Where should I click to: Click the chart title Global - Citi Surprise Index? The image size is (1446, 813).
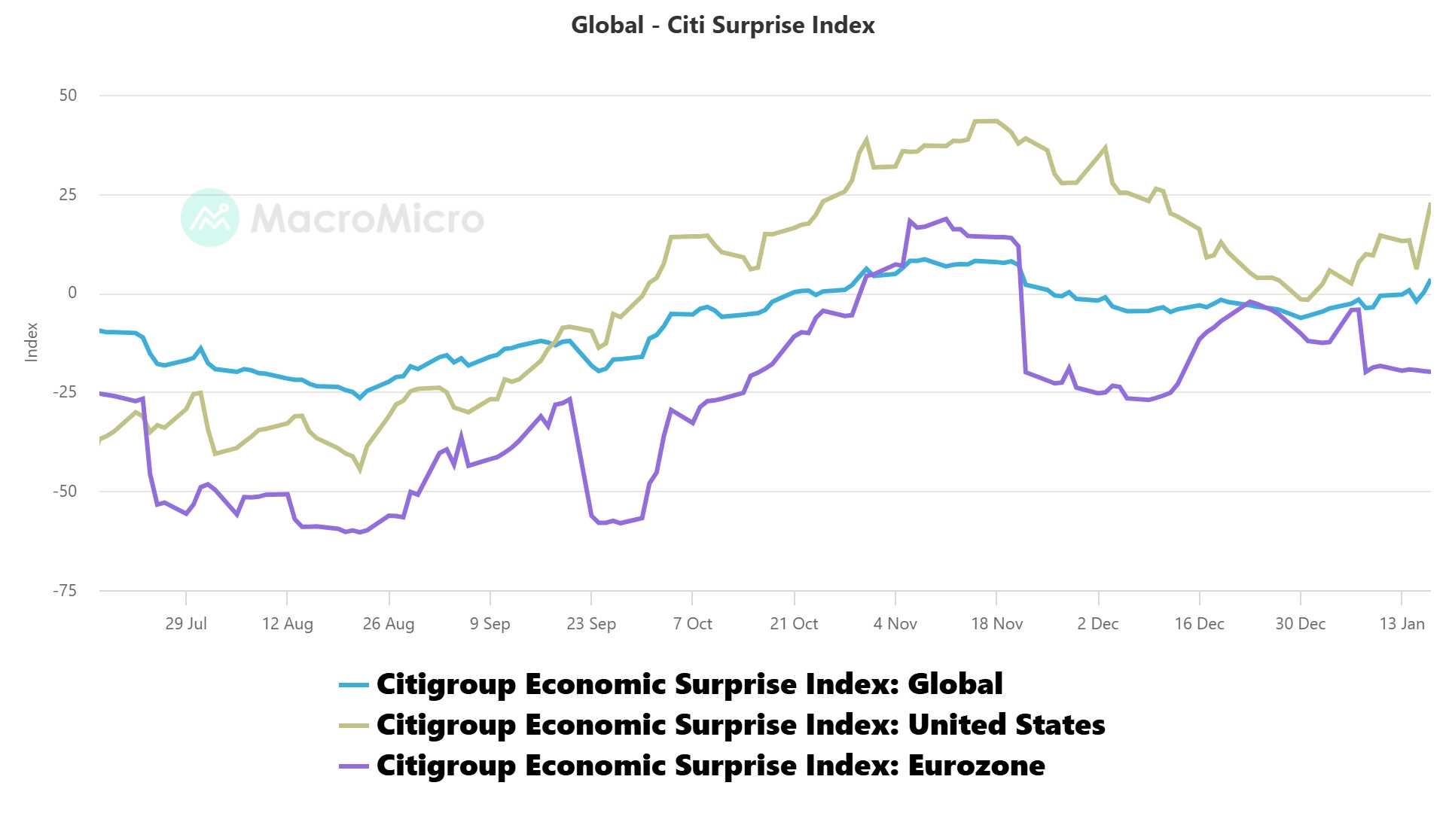(x=723, y=26)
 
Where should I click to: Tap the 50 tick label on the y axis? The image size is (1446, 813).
(x=68, y=96)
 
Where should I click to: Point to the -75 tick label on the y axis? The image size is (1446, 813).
(x=65, y=591)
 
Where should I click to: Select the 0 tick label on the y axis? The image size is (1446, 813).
(x=72, y=293)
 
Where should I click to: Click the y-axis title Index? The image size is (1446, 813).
(x=32, y=343)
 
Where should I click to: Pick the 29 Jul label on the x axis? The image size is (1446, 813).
(x=186, y=624)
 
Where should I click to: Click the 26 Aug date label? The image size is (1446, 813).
(x=389, y=624)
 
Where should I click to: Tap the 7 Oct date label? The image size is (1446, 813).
(x=692, y=624)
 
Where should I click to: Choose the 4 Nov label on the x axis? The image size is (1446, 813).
(x=895, y=624)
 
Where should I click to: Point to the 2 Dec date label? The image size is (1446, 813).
(x=1097, y=624)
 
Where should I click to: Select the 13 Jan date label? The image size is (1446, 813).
(x=1402, y=624)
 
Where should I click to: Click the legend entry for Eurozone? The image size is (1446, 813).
(x=710, y=766)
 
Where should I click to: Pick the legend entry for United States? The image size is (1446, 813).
(x=740, y=725)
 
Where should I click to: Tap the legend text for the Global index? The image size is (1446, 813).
(x=689, y=684)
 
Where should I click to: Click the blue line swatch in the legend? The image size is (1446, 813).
(x=354, y=685)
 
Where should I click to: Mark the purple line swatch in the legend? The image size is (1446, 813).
(x=354, y=766)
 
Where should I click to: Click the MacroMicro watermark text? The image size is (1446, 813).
(x=368, y=219)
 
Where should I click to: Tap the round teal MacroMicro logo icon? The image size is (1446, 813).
(x=210, y=218)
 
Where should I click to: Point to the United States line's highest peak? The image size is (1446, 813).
(x=987, y=121)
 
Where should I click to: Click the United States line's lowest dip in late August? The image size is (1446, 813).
(x=360, y=470)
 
